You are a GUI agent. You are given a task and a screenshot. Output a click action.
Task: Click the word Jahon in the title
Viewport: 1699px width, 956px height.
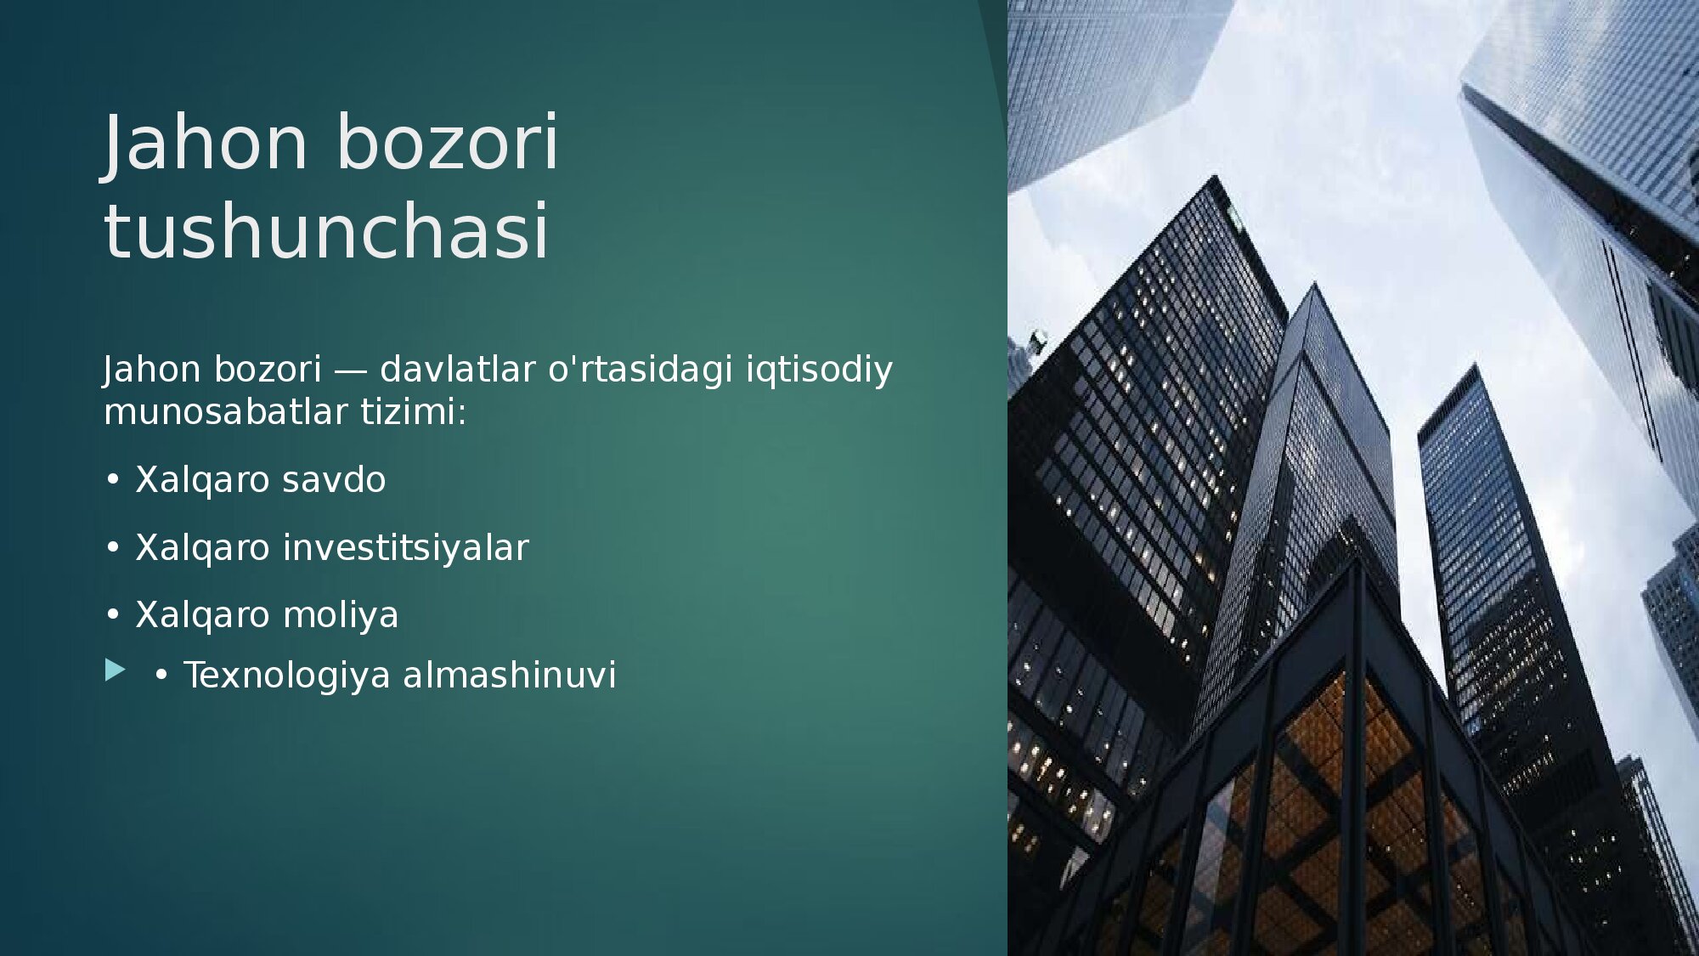point(205,142)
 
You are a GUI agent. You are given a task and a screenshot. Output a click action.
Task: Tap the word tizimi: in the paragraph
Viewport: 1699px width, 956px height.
point(414,412)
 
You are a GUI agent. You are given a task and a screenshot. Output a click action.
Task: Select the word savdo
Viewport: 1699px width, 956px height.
point(334,480)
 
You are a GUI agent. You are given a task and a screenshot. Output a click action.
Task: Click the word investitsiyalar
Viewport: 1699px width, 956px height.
point(405,548)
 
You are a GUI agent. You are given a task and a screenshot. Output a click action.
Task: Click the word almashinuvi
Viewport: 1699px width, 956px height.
point(510,676)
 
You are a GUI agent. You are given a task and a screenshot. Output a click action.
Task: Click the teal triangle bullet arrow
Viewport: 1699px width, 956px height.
point(115,670)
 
